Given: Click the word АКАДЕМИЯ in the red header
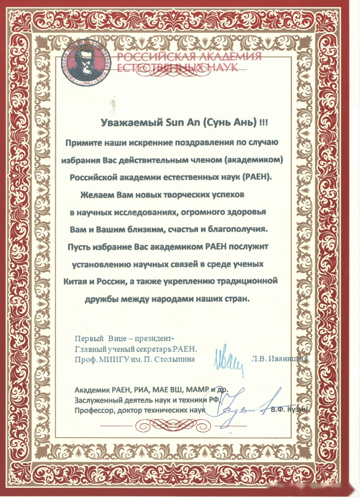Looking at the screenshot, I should (229, 57).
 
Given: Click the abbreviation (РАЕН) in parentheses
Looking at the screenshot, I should (257, 177).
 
